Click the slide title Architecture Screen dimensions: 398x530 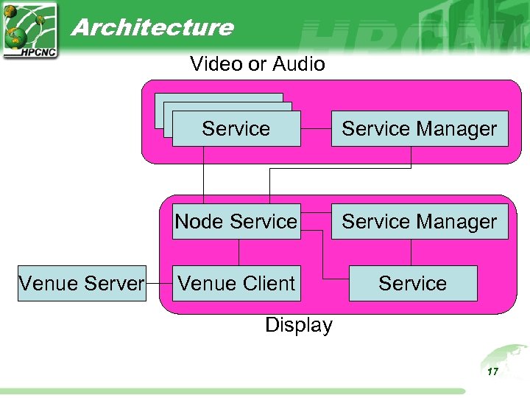pos(152,27)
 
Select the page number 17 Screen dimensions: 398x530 pos(492,371)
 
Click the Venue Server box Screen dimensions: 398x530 pos(81,283)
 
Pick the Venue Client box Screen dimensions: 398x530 pos(236,283)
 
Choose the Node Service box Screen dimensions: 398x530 pos(236,221)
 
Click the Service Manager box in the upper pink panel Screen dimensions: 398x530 pos(419,128)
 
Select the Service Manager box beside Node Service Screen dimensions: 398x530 pos(419,221)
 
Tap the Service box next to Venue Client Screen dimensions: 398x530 pos(412,283)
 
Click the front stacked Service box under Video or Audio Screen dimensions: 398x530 pos(236,129)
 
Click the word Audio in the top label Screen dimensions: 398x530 pos(299,64)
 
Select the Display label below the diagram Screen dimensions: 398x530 pos(298,325)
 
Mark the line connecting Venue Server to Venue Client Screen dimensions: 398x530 pos(159,283)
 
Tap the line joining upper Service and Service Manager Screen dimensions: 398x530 pos(316,128)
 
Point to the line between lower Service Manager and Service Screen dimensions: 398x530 pos(411,252)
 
